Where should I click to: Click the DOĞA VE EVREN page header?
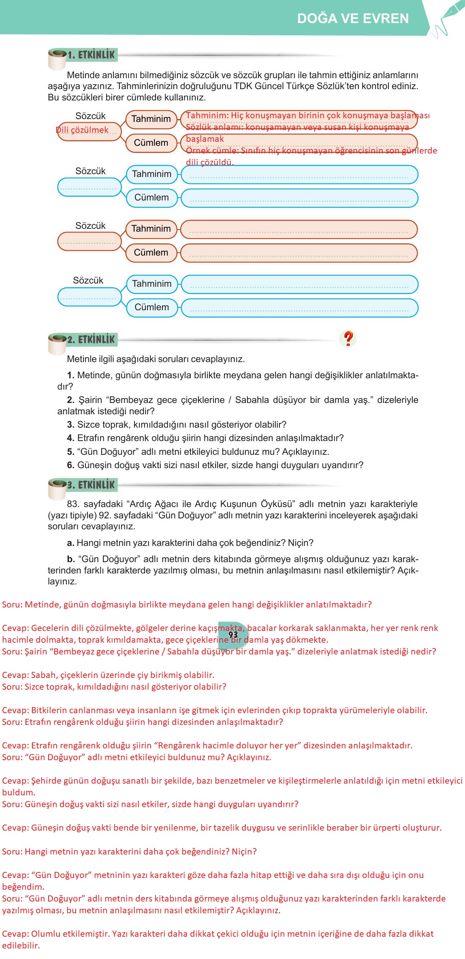point(353,19)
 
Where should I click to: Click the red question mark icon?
point(348,338)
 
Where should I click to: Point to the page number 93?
point(233,635)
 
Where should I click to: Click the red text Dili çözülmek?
point(82,130)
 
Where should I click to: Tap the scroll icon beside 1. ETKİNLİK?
point(57,60)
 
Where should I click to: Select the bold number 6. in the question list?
point(71,465)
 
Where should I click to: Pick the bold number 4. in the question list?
point(71,438)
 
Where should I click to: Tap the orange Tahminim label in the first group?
point(151,119)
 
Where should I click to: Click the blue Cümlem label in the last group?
point(151,307)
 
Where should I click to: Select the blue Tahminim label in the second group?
point(151,174)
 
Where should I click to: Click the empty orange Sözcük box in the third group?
point(89,241)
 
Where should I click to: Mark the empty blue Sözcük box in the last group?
point(89,296)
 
